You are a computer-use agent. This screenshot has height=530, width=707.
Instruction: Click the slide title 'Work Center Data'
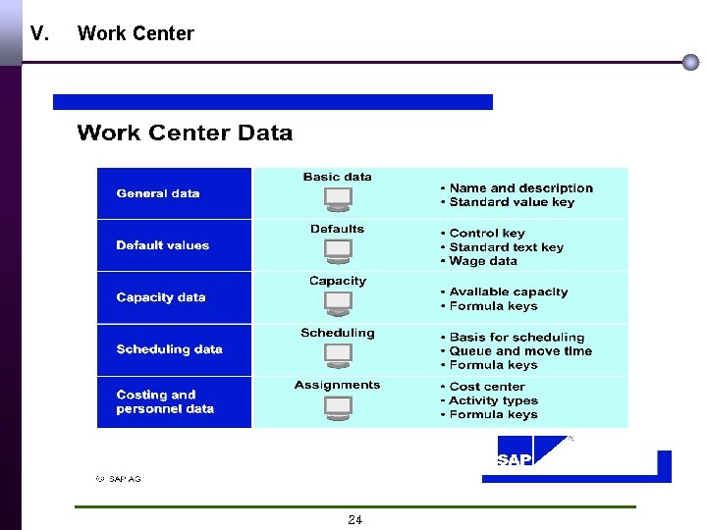(185, 133)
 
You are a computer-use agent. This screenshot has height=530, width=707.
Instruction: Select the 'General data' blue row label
(157, 193)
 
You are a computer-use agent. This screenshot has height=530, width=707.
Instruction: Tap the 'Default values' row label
(162, 245)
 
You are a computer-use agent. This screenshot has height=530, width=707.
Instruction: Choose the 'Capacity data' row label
(161, 297)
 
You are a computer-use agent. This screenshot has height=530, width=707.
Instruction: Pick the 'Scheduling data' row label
(169, 349)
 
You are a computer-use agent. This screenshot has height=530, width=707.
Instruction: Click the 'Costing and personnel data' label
(165, 401)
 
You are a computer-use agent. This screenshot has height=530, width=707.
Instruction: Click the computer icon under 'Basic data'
(338, 199)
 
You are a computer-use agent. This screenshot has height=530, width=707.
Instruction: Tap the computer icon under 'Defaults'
(338, 251)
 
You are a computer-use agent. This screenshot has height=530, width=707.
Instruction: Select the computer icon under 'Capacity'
(338, 303)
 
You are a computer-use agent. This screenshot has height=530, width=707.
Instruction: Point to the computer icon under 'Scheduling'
(338, 355)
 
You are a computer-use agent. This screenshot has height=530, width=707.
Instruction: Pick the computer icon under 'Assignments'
(338, 406)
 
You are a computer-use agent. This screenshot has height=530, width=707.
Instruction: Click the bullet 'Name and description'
(520, 188)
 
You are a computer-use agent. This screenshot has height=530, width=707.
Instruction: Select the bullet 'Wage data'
(483, 261)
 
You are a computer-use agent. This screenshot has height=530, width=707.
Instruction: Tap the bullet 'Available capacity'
(508, 291)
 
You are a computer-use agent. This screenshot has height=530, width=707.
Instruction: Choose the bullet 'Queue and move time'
(520, 351)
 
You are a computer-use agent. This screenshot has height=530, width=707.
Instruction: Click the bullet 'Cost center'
(486, 387)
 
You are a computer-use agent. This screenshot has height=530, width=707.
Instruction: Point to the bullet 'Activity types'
(493, 400)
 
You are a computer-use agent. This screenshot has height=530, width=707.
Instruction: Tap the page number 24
(354, 520)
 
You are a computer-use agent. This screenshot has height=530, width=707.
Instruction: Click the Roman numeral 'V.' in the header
(39, 33)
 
